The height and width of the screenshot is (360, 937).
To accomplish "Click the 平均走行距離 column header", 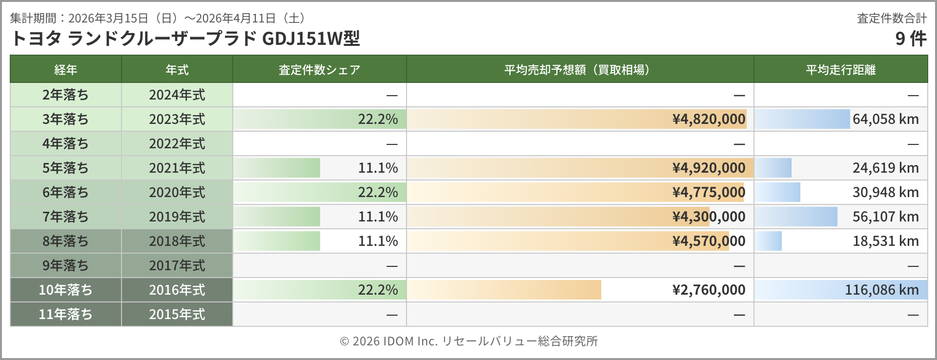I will tap(840, 70).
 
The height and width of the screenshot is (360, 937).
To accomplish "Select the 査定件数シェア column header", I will tap(319, 70).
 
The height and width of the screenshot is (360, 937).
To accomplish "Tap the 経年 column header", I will tap(65, 70).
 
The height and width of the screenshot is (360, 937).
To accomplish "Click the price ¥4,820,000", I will tap(709, 119).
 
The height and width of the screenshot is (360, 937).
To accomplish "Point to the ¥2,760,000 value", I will tap(709, 290).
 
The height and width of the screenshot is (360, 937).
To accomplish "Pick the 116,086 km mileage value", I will tap(881, 290).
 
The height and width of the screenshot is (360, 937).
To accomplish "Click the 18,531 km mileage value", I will tap(885, 241).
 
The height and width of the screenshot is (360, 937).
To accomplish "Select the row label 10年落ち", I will tap(65, 290).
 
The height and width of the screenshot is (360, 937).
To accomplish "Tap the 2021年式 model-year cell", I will tap(177, 168).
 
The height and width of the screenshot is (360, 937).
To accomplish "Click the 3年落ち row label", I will tap(65, 119).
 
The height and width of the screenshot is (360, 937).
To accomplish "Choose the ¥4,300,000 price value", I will tap(709, 217).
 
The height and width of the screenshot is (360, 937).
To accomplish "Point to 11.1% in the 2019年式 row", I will tap(378, 217).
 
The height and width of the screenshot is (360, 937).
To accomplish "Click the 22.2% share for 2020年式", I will tap(378, 192).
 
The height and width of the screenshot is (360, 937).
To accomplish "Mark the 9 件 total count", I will tap(911, 39).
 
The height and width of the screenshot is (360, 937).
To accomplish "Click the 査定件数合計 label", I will tap(892, 18).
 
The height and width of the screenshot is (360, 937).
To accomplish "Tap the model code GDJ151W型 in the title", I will tap(311, 39).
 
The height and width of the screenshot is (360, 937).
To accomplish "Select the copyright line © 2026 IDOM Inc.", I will tap(468, 341).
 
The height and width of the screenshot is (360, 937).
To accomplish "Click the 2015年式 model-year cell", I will tap(177, 314).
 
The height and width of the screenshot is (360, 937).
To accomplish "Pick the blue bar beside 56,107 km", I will tap(796, 217).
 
